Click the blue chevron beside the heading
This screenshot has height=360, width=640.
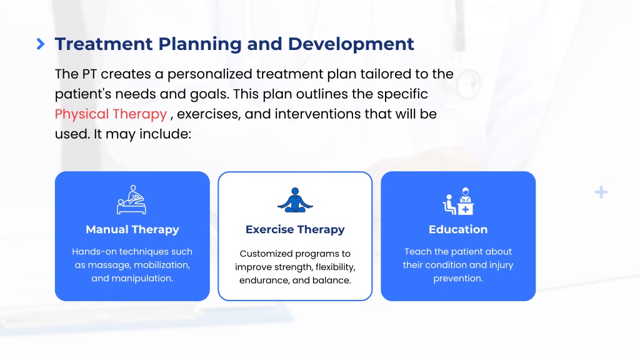pyautogui.click(x=41, y=44)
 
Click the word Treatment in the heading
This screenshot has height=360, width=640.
pyautogui.click(x=104, y=44)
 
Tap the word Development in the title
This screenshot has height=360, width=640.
pyautogui.click(x=351, y=44)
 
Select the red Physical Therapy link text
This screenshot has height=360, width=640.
pyautogui.click(x=111, y=114)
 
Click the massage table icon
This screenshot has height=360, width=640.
pyautogui.click(x=131, y=199)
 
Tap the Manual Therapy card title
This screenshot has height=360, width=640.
pyautogui.click(x=132, y=229)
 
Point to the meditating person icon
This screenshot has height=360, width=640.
pyautogui.click(x=295, y=200)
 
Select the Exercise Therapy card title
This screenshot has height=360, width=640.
pyautogui.click(x=295, y=229)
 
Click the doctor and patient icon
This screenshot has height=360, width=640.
pyautogui.click(x=458, y=201)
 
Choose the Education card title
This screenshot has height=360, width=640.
pyautogui.click(x=458, y=229)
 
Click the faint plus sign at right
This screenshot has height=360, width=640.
pyautogui.click(x=601, y=192)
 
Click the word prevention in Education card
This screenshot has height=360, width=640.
pyautogui.click(x=458, y=278)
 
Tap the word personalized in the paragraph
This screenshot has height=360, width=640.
pyautogui.click(x=209, y=74)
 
